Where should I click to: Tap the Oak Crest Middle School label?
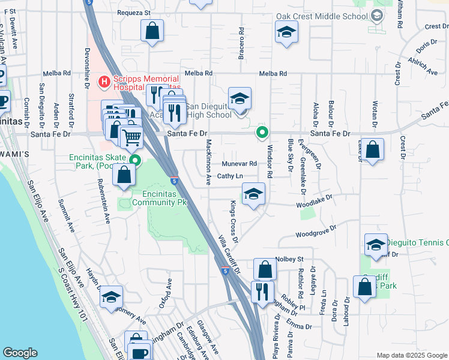tap(322, 16)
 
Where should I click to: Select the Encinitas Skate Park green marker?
tap(136, 160)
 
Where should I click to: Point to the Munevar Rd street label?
tap(239, 164)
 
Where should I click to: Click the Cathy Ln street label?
tap(230, 176)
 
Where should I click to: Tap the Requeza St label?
tap(133, 12)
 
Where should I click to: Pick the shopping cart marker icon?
tap(131, 137)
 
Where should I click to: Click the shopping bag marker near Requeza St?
tap(152, 30)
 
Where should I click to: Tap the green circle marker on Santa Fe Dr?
tap(262, 133)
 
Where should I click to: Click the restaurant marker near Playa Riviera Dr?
tap(262, 293)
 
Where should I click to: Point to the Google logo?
tap(20, 353)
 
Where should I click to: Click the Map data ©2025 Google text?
tap(411, 355)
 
